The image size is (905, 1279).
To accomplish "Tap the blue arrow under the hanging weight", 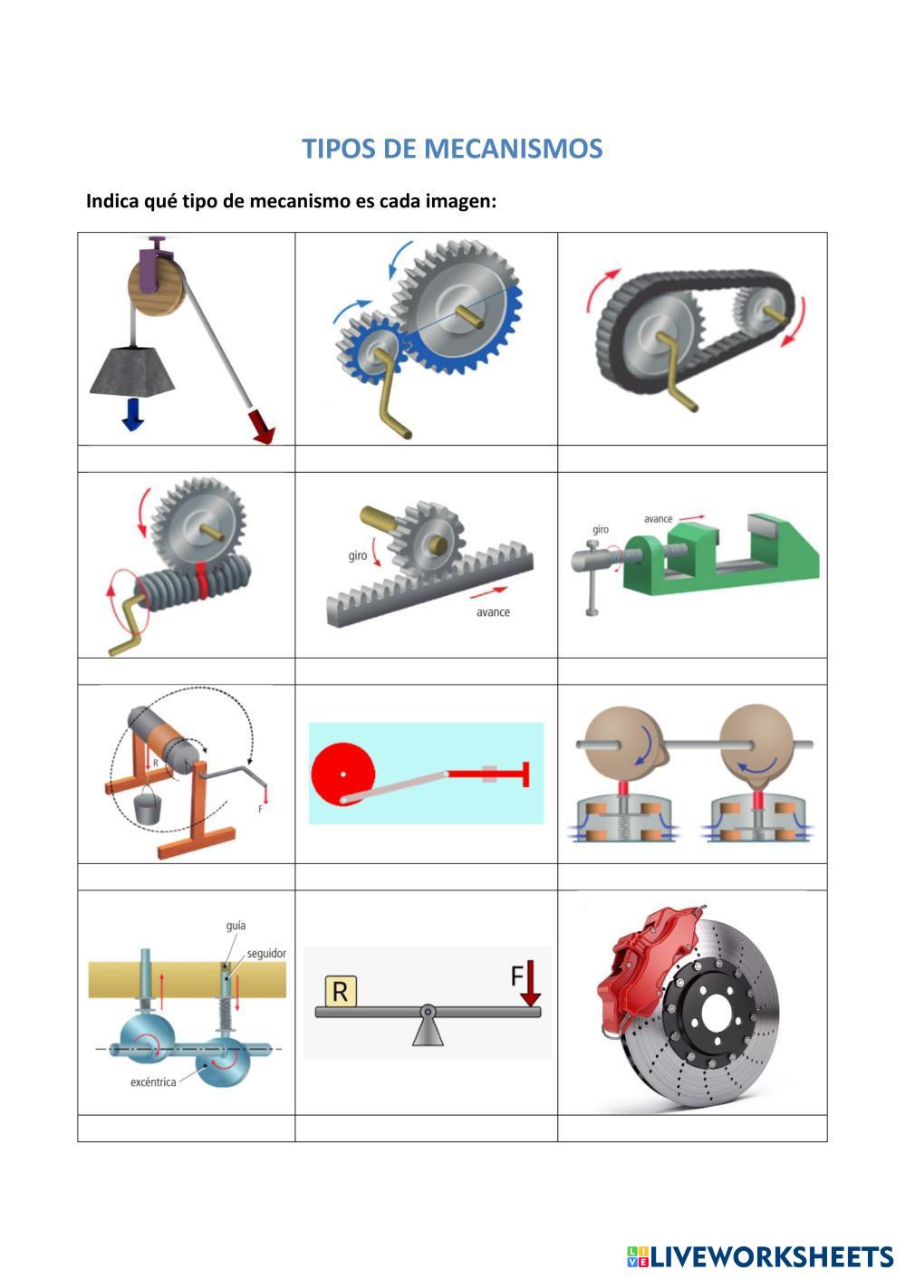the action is [133, 412].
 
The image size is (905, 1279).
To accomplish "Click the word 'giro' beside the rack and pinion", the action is [358, 555].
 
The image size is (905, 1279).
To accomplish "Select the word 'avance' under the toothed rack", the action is [493, 612].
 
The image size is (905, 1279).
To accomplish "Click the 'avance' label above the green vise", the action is [659, 519].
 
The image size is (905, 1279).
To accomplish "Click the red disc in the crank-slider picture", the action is [342, 774].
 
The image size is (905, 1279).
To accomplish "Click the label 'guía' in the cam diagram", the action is [236, 926].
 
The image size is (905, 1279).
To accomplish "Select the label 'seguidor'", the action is [266, 954].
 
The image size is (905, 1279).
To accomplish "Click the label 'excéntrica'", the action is [153, 1082].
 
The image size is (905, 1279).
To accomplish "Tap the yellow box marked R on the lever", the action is [340, 992].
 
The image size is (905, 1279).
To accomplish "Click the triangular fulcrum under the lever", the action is [428, 1030].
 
